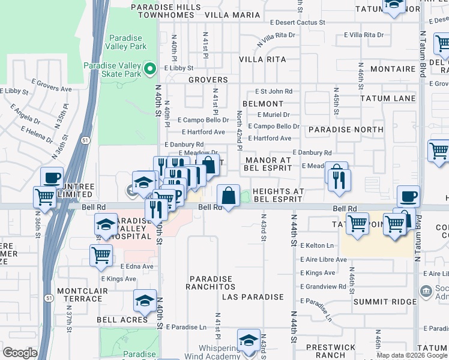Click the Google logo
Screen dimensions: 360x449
click(x=20, y=353)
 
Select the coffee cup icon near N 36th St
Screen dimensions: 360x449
click(x=52, y=178)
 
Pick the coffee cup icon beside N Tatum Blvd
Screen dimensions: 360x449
click(x=408, y=196)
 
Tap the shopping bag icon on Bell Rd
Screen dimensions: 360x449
click(x=228, y=195)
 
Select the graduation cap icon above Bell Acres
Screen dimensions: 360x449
click(x=144, y=301)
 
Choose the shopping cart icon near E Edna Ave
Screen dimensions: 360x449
click(x=101, y=254)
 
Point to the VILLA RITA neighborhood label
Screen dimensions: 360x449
click(x=262, y=59)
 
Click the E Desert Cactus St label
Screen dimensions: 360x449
click(x=297, y=22)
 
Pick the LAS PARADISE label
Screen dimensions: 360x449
click(x=252, y=297)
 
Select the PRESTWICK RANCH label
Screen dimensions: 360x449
click(x=327, y=352)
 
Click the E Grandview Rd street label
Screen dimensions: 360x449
click(x=325, y=286)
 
